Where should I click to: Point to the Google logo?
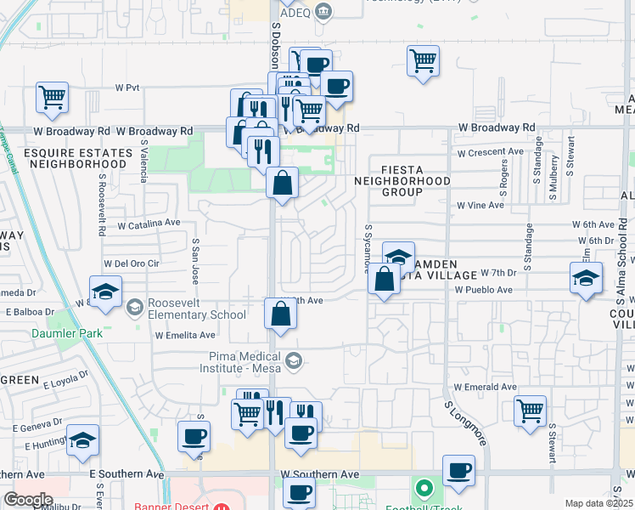pos(29,499)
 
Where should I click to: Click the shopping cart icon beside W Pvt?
pos(53,98)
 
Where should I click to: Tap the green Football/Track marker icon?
pos(424,490)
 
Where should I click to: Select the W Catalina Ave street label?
pos(149,224)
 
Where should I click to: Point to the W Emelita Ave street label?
pos(184,335)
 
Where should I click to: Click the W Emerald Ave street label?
pos(486,387)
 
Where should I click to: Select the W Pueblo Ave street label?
pos(483,290)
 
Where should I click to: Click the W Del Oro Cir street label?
pos(131,263)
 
